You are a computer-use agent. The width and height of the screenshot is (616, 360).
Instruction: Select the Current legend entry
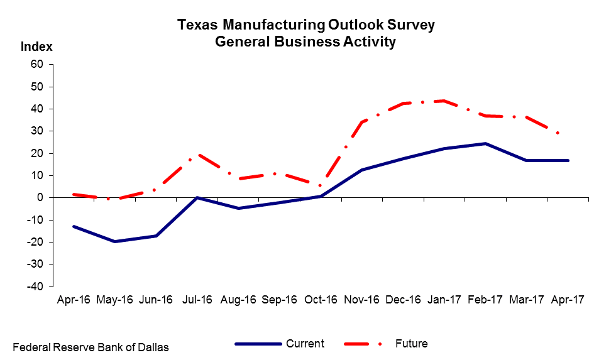pyautogui.click(x=305, y=344)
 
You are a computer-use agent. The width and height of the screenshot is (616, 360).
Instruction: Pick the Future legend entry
pyautogui.click(x=411, y=344)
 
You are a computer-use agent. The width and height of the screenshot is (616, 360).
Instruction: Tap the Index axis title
pyautogui.click(x=36, y=46)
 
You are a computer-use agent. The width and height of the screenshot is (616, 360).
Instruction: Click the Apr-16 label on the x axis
pyautogui.click(x=74, y=300)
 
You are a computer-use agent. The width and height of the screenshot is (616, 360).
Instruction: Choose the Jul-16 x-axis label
pyautogui.click(x=197, y=300)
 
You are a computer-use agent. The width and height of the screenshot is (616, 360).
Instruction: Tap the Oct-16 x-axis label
pyautogui.click(x=321, y=300)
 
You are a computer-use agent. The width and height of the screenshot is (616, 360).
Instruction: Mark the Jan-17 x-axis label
pyautogui.click(x=444, y=300)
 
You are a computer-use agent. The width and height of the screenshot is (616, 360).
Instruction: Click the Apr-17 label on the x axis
pyautogui.click(x=568, y=300)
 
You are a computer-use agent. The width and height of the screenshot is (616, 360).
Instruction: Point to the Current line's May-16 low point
pyautogui.click(x=114, y=241)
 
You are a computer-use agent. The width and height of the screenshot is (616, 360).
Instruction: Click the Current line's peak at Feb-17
pyautogui.click(x=485, y=143)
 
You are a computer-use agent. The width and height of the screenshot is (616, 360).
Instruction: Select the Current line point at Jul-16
pyautogui.click(x=197, y=197)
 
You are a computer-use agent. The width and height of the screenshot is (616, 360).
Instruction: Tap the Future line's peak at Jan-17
pyautogui.click(x=444, y=101)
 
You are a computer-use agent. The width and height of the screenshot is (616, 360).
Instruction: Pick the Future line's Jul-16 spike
pyautogui.click(x=197, y=155)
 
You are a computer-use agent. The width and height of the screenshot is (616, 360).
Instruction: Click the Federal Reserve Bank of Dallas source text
pyautogui.click(x=91, y=347)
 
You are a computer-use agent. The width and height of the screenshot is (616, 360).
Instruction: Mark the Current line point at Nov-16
pyautogui.click(x=362, y=170)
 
